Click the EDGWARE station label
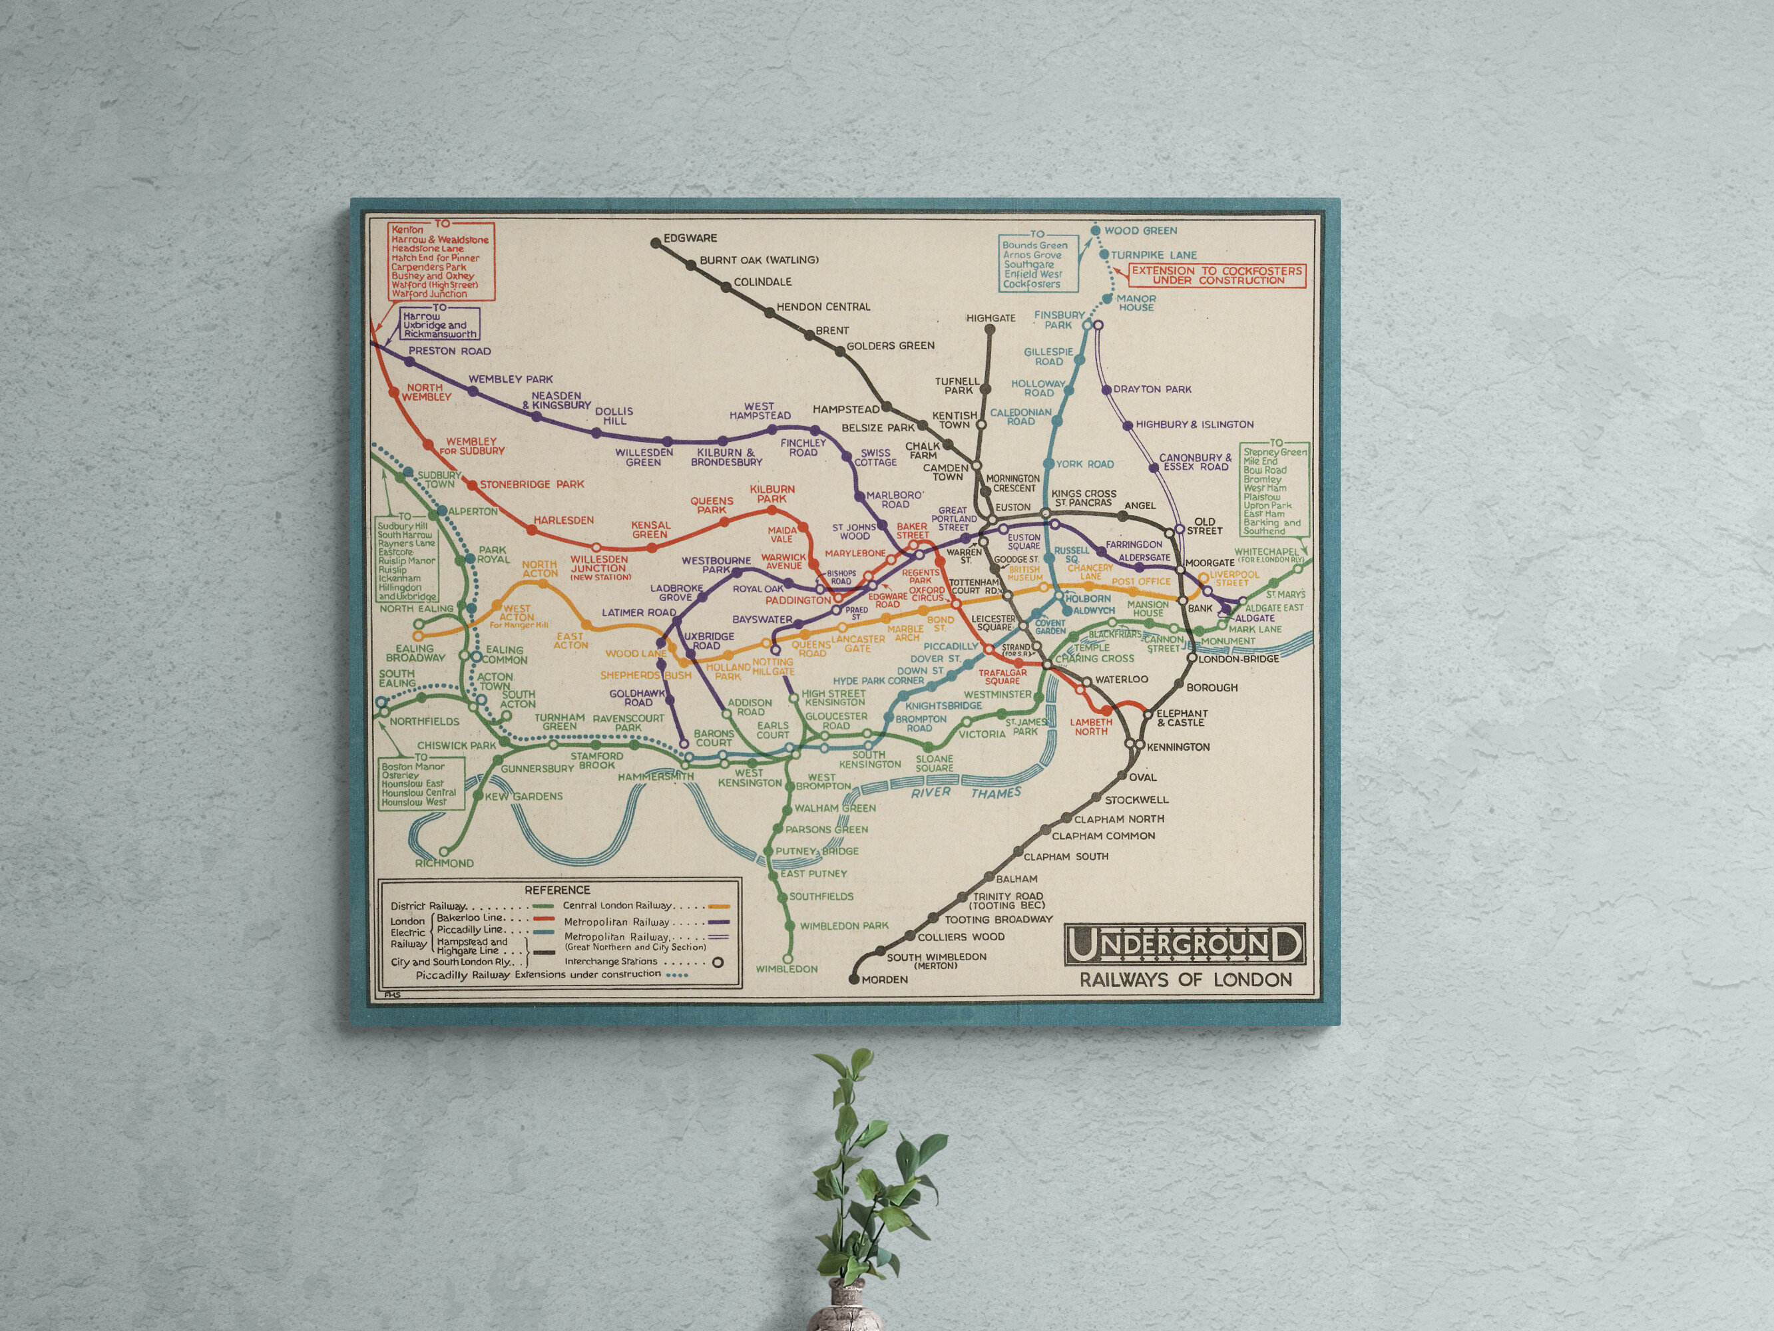click(690, 238)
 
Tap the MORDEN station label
click(885, 979)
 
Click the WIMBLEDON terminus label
click(787, 968)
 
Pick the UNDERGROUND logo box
click(1184, 944)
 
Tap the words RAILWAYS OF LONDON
click(1186, 980)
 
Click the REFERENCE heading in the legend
click(556, 890)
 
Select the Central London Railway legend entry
click(618, 905)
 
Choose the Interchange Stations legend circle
click(718, 962)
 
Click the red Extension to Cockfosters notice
click(1218, 275)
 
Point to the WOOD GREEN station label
click(1140, 231)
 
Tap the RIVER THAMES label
click(966, 792)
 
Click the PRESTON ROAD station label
click(449, 351)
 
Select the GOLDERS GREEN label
click(890, 345)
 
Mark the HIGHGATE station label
click(991, 318)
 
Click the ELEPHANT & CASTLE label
click(1182, 717)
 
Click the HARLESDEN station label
click(564, 520)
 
